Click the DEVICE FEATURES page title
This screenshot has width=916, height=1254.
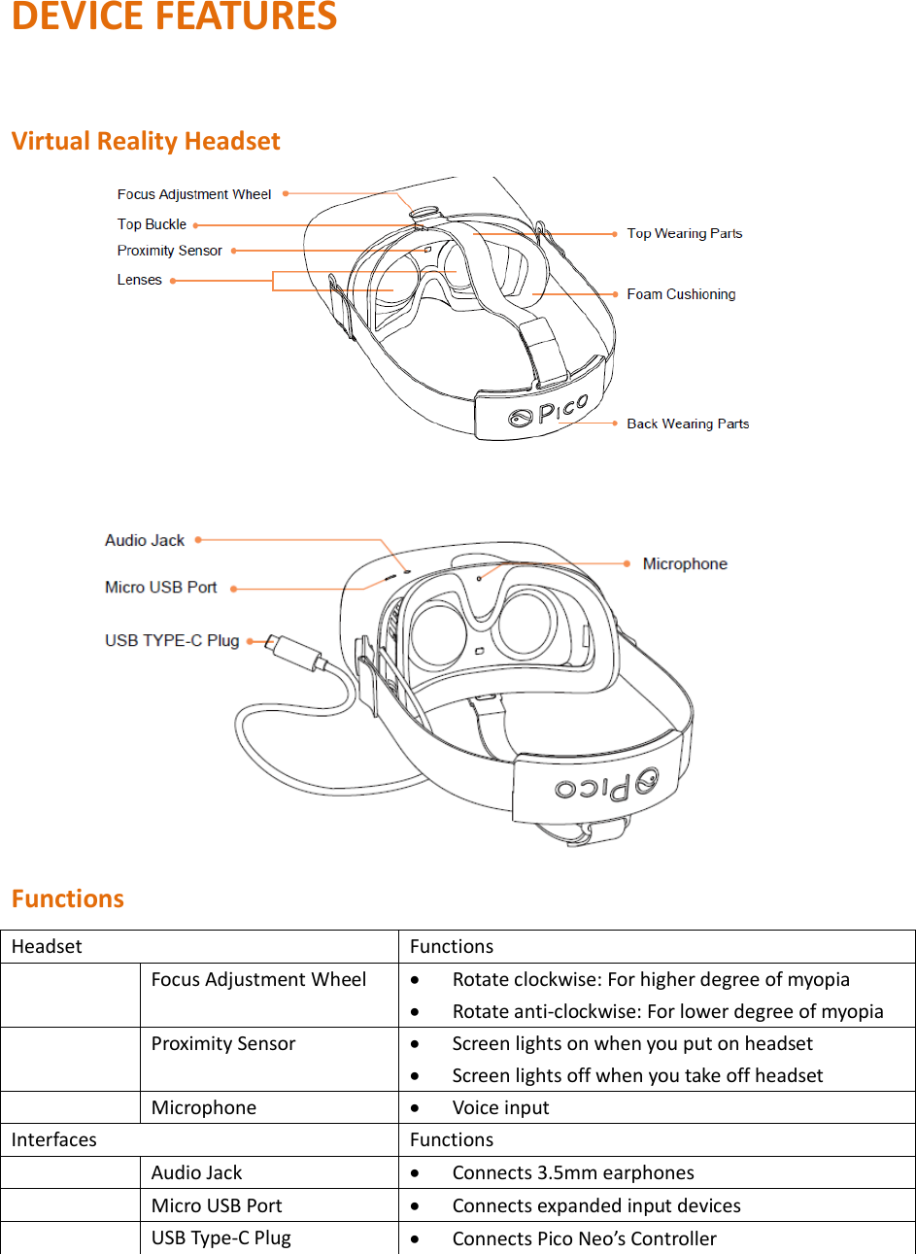pos(174,17)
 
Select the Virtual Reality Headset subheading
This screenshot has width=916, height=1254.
pos(146,141)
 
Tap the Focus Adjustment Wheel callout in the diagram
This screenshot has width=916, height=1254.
pos(194,194)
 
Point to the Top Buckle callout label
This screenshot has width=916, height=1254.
pos(152,224)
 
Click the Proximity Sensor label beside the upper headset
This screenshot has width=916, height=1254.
pos(170,251)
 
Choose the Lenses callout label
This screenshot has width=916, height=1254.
pos(140,280)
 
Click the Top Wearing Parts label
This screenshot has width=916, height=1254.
pos(685,233)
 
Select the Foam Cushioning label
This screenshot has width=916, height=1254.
pos(681,294)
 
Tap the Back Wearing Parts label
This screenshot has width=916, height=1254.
pos(688,424)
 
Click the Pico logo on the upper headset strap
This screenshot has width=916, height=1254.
pos(550,411)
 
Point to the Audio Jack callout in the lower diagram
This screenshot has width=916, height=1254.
pos(145,540)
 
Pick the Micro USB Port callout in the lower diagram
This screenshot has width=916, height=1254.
pos(161,588)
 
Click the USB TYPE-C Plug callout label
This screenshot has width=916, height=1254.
pos(172,640)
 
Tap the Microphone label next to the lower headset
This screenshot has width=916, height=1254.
pos(685,564)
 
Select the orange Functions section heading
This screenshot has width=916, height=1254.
pos(68,898)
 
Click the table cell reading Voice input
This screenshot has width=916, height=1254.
pos(500,1108)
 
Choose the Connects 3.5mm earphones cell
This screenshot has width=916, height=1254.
pos(573,1173)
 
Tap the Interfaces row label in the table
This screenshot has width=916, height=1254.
pos(54,1140)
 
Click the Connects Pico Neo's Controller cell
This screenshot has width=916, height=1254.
pos(584,1238)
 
